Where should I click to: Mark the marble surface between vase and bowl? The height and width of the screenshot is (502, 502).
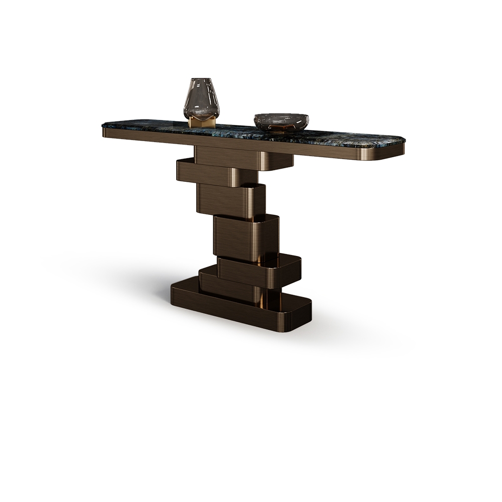236,128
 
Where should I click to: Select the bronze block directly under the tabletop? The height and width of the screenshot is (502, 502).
241,158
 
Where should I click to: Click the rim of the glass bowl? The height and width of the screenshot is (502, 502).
281,116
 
